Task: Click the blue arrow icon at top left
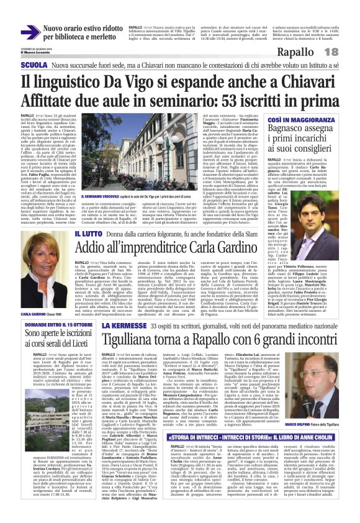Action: [x=30, y=32]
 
